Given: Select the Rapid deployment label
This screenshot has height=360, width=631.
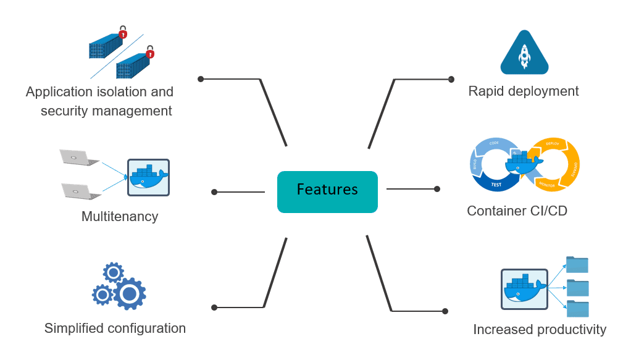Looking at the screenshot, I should pyautogui.click(x=524, y=91).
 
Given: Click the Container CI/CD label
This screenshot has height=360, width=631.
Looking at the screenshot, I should pyautogui.click(x=517, y=211).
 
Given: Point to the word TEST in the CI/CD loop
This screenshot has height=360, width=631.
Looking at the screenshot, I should pyautogui.click(x=495, y=184).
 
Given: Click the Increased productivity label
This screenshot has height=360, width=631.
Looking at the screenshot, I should pyautogui.click(x=540, y=330).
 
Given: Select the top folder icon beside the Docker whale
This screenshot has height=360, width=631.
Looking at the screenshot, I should pyautogui.click(x=577, y=265).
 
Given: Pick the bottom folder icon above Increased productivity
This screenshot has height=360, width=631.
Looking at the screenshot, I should pyautogui.click(x=577, y=308).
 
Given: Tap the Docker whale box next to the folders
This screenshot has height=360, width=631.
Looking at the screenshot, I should pyautogui.click(x=524, y=289).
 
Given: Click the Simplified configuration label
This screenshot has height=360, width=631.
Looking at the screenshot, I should pyautogui.click(x=115, y=329).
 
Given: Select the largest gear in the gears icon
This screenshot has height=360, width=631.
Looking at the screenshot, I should pyautogui.click(x=129, y=294).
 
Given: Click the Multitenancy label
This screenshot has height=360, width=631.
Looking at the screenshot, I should pyautogui.click(x=120, y=217).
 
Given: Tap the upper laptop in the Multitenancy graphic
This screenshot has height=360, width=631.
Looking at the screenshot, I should pyautogui.click(x=78, y=157).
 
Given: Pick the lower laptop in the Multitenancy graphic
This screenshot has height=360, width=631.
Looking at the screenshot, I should pyautogui.click(x=81, y=191).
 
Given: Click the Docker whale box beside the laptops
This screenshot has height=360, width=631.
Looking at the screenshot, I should pyautogui.click(x=148, y=178).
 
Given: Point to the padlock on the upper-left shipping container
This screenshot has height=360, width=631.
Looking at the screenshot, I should pyautogui.click(x=123, y=33).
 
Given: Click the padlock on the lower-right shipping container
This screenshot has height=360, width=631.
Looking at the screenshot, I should pyautogui.click(x=150, y=52).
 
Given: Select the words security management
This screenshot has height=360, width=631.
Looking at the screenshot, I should pyautogui.click(x=106, y=111).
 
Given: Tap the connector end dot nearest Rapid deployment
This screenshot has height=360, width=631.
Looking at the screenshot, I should pyautogui.click(x=451, y=79).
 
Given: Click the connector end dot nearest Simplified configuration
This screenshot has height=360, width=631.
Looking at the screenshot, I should pyautogui.click(x=214, y=308).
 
